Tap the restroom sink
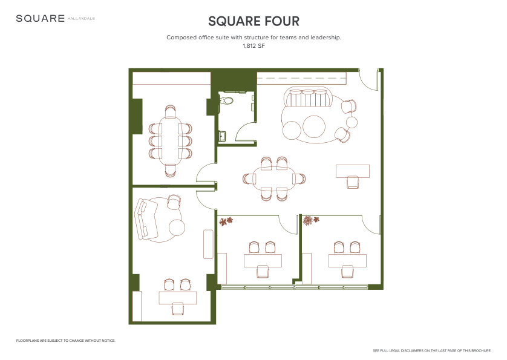pyautogui.click(x=223, y=136)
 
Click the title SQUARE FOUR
pyautogui.click(x=254, y=21)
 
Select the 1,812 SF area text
pyautogui.click(x=254, y=46)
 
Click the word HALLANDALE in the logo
pyautogui.click(x=81, y=18)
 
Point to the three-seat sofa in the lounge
pyautogui.click(x=308, y=98)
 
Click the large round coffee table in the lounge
pyautogui.click(x=314, y=126)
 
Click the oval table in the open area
pyautogui.click(x=274, y=178)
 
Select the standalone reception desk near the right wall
pyautogui.click(x=353, y=171)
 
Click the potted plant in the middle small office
pyautogui.click(x=226, y=221)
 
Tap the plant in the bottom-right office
pyautogui.click(x=311, y=220)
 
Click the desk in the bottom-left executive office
pyautogui.click(x=177, y=298)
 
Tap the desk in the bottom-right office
pyautogui.click(x=348, y=261)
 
